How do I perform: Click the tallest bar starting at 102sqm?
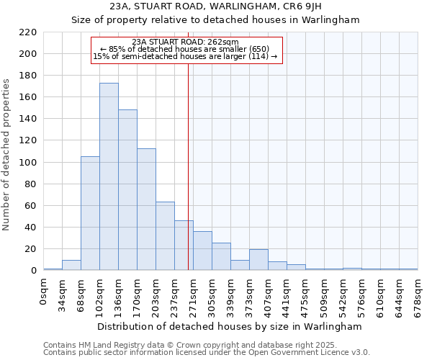[109, 176]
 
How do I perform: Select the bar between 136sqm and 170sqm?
[127, 190]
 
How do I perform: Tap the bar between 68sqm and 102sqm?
[90, 213]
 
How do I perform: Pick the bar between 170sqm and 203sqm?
[146, 210]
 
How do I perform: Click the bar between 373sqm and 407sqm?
[258, 260]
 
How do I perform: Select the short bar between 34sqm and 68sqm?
[71, 265]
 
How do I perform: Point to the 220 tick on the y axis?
[28, 32]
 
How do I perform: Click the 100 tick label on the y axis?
[28, 163]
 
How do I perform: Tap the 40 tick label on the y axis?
[31, 228]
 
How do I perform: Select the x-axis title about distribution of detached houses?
[230, 326]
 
